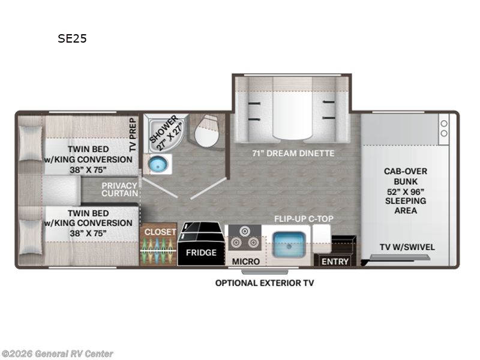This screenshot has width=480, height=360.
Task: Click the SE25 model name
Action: tap(72, 38)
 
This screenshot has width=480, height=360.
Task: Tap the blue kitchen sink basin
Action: tap(289, 244)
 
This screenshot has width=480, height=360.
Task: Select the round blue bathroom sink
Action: tap(158, 164)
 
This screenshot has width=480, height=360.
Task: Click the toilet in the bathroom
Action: tap(207, 131)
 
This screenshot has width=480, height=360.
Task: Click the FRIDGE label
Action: tap(201, 253)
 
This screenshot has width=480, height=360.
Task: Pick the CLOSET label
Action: tap(160, 232)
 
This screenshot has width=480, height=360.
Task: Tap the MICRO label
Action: tap(246, 262)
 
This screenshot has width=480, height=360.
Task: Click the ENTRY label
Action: tap(335, 262)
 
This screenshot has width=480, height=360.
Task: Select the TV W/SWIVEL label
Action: tap(407, 247)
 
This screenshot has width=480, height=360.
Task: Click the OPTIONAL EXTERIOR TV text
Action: tap(265, 283)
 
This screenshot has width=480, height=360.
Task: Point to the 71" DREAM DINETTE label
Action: tap(293, 153)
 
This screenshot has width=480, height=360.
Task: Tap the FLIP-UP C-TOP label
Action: tap(304, 218)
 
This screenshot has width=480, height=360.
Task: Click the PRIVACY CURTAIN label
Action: tap(119, 190)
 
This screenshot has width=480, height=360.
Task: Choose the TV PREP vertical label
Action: tap(132, 134)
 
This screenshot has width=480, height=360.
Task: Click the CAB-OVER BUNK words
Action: tap(406, 176)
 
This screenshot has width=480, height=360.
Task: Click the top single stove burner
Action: tap(245, 231)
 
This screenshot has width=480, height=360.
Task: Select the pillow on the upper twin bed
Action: tap(30, 143)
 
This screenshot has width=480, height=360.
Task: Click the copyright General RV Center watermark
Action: tap(57, 354)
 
